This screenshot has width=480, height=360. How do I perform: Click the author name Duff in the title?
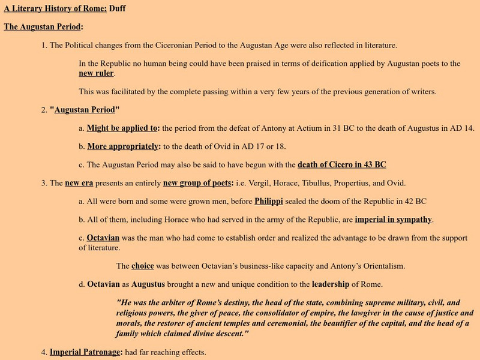coord(118,9)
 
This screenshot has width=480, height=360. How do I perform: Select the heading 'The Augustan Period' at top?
coord(43,27)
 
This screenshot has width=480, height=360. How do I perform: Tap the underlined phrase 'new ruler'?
coord(96,73)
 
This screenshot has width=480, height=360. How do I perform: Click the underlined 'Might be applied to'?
coord(122,128)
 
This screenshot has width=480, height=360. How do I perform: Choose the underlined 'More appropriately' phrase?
coord(124,146)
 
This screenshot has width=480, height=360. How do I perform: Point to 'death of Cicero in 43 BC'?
coord(342,164)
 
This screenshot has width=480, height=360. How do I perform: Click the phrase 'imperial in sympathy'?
coord(393,219)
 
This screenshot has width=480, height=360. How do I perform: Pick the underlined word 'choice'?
coord(143,265)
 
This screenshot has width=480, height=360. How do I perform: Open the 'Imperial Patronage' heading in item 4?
coord(86,352)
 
